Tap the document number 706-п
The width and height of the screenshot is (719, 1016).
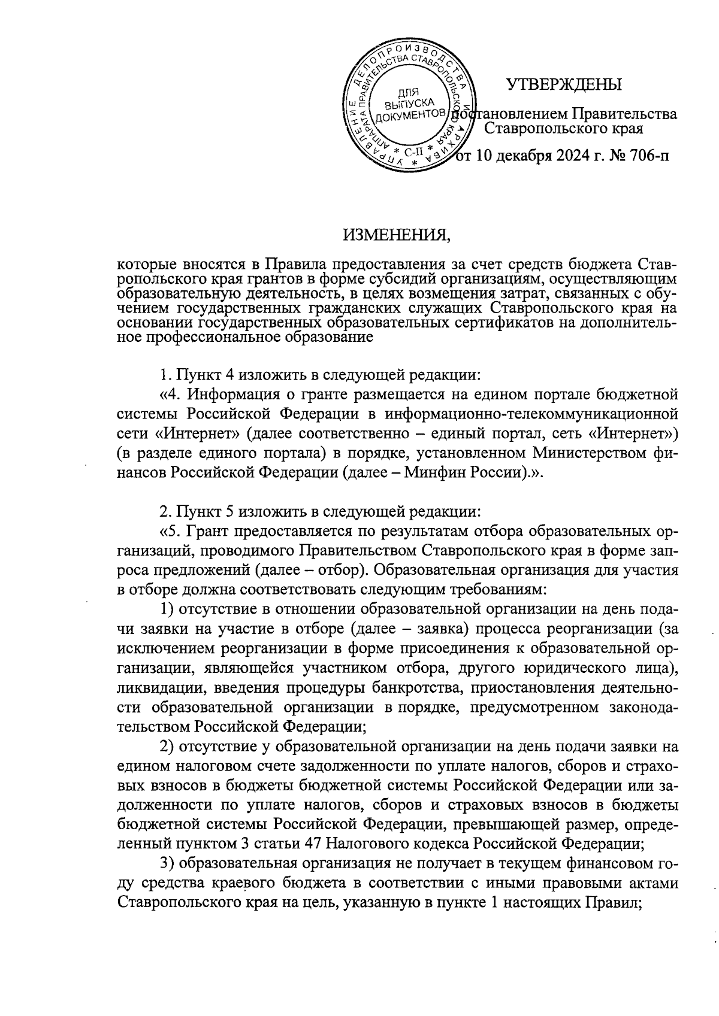pyautogui.click(x=644, y=157)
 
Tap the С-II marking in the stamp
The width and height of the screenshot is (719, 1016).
pyautogui.click(x=413, y=152)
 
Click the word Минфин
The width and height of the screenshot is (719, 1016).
pyautogui.click(x=435, y=472)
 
